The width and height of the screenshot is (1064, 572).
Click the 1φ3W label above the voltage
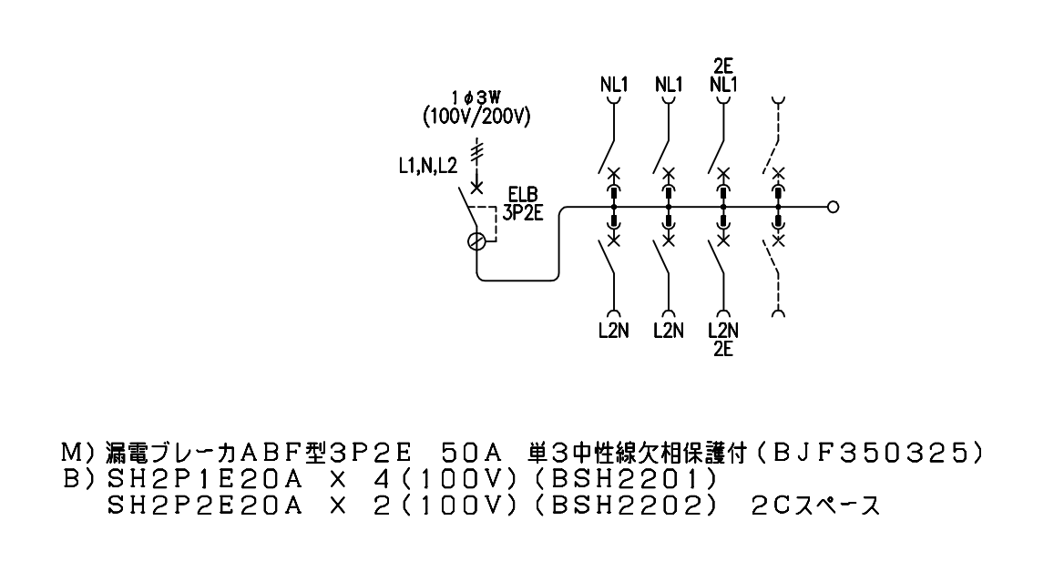(x=477, y=97)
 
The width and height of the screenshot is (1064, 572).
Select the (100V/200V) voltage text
(x=476, y=117)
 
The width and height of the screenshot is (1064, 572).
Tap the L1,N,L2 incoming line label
(x=428, y=167)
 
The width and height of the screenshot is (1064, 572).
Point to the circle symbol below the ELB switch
(x=477, y=240)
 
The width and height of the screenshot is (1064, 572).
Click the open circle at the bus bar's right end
(x=834, y=207)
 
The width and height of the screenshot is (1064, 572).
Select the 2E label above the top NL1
(x=723, y=66)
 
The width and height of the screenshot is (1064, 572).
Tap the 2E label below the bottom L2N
(x=723, y=349)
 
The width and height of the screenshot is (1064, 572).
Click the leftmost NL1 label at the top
(x=614, y=84)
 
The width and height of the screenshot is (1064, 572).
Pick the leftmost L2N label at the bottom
(x=613, y=331)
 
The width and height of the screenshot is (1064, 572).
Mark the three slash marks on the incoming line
(x=477, y=154)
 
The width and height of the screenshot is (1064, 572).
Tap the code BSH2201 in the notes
(x=624, y=479)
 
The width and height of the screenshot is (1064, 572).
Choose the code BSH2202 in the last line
(x=624, y=506)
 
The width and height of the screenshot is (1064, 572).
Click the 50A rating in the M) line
(x=470, y=452)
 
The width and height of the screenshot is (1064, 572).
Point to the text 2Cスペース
(x=815, y=506)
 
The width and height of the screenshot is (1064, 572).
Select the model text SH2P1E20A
(x=204, y=479)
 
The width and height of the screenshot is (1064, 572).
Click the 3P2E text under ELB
(x=523, y=213)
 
